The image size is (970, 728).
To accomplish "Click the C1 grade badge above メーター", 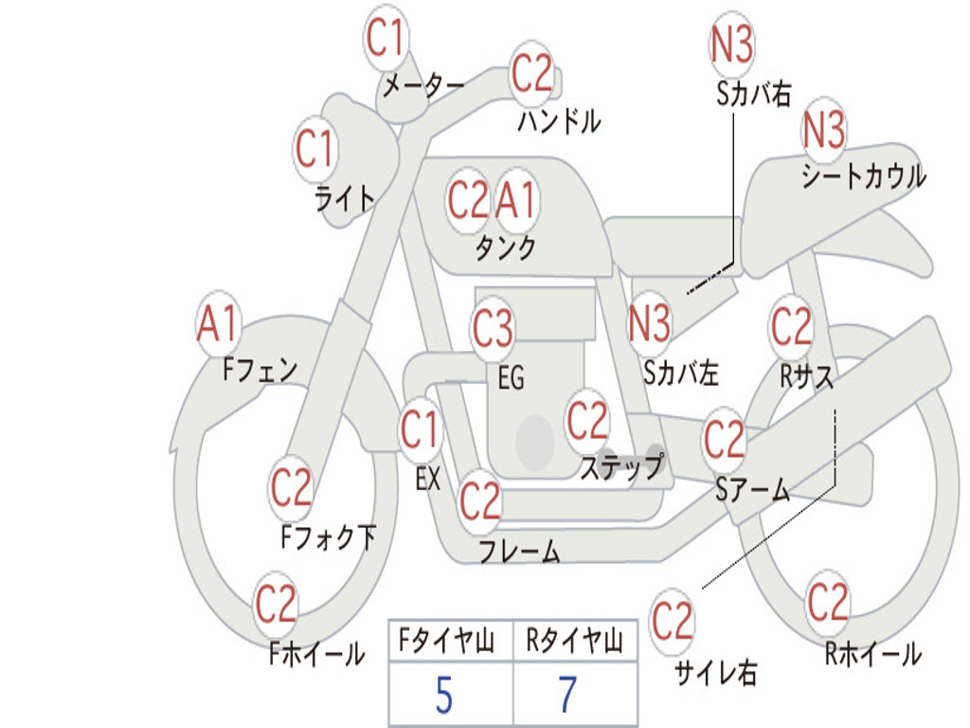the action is (386, 38).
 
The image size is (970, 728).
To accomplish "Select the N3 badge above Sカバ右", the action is (731, 45).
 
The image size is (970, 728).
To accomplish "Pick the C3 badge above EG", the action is (493, 328).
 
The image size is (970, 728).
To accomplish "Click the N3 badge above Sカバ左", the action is (649, 324).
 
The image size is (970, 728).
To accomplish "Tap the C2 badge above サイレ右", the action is (673, 621).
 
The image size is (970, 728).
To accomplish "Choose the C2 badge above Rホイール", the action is (827, 602).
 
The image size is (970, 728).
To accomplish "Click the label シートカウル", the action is (864, 175).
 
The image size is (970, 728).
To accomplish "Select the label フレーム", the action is (520, 551).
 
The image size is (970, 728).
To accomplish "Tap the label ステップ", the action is (622, 467).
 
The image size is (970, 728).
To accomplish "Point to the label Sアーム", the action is (753, 490).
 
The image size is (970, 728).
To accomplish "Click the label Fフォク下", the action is (329, 537).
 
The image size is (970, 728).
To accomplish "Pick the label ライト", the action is (345, 199).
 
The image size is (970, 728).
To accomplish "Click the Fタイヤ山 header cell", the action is (451, 641).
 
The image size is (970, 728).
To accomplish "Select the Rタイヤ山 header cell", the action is (575, 641).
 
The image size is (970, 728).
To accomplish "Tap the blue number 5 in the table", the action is (444, 695).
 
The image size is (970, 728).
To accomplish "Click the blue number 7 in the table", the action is (568, 695).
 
